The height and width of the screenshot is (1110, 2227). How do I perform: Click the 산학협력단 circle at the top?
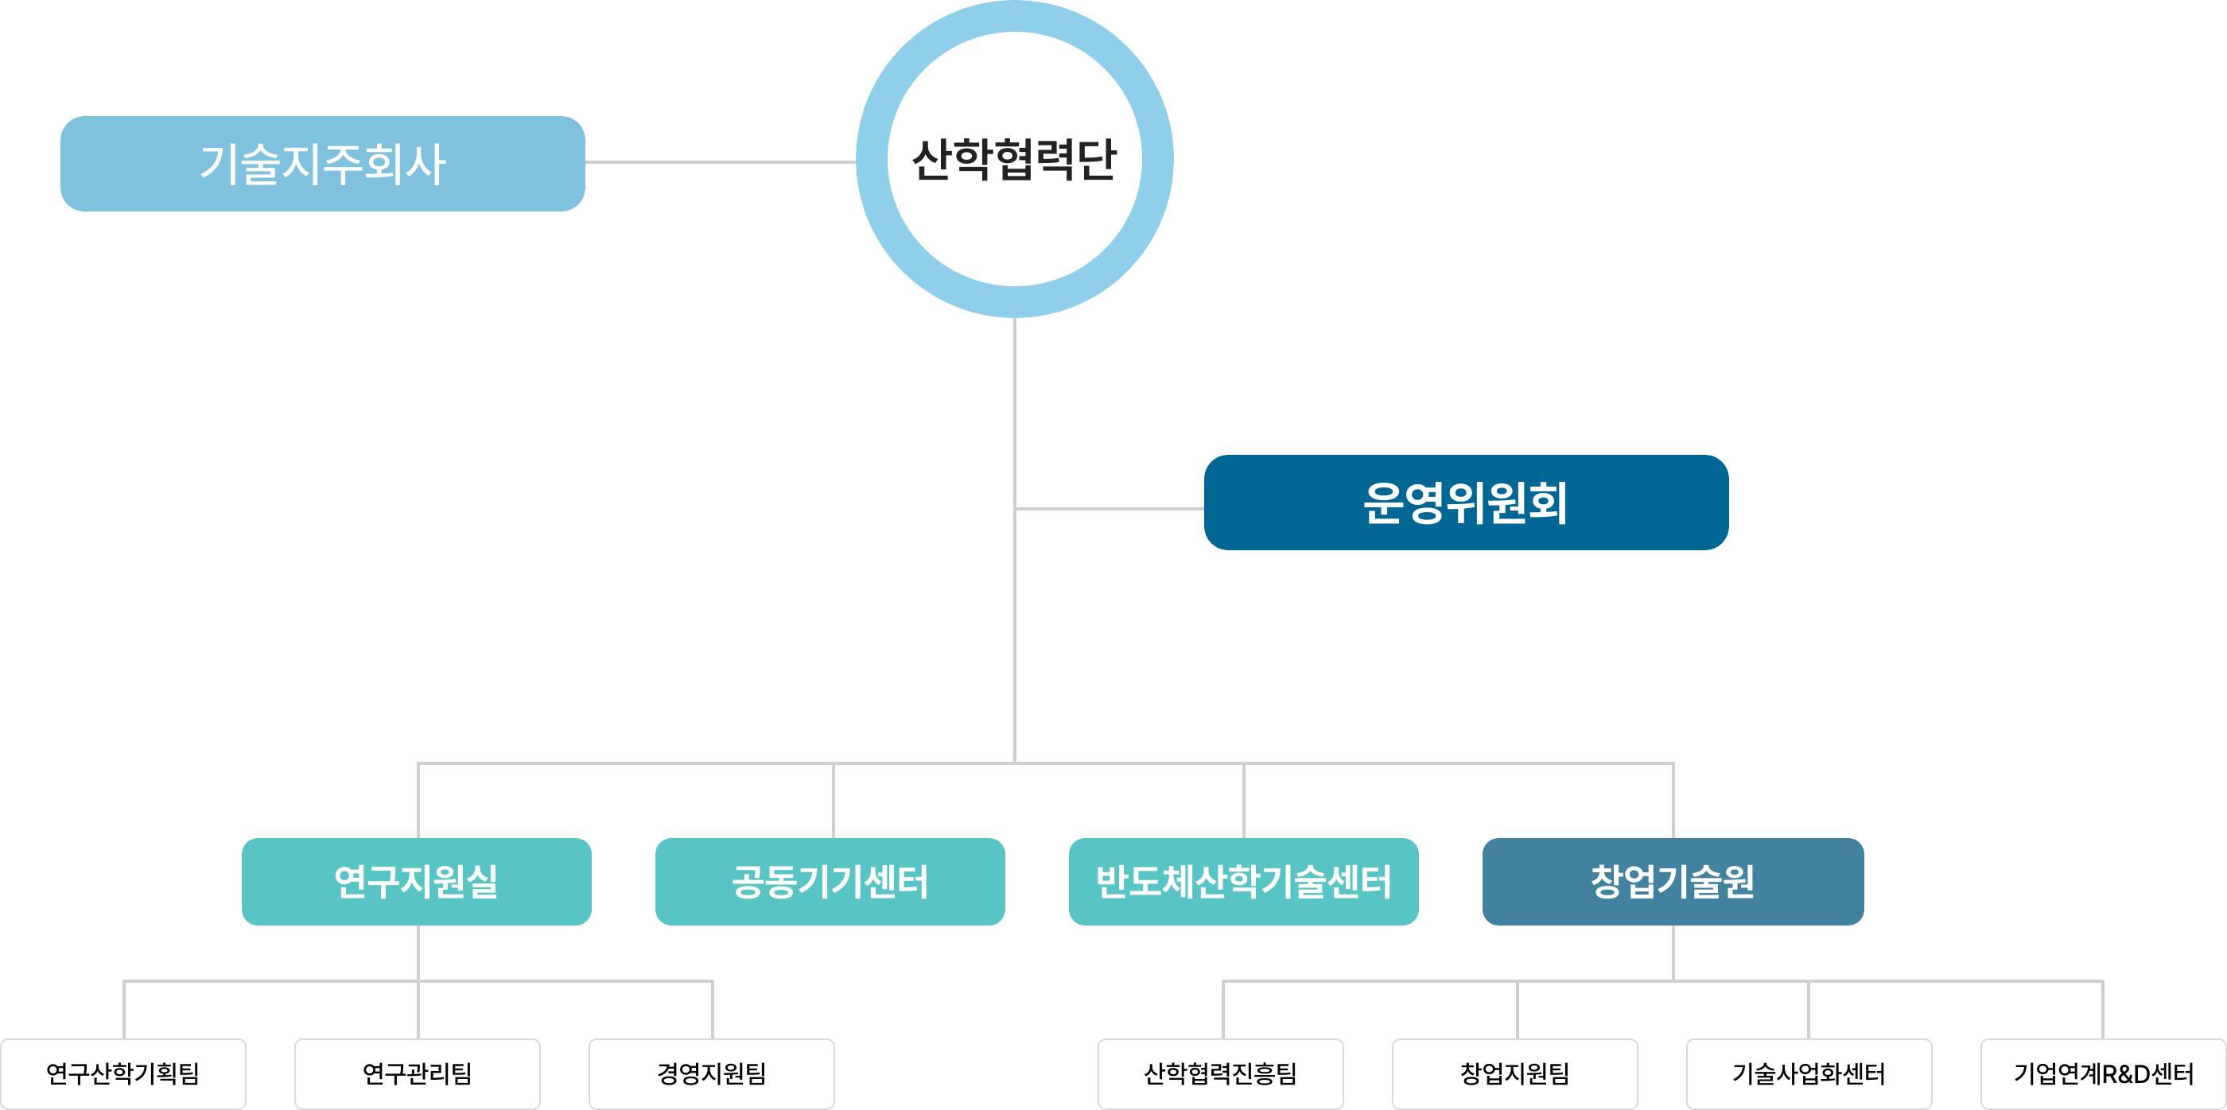tap(1014, 159)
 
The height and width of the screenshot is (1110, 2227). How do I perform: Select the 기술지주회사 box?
tap(322, 163)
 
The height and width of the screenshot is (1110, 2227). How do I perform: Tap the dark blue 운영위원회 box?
tap(1465, 503)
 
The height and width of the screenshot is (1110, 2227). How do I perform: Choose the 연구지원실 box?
tap(417, 881)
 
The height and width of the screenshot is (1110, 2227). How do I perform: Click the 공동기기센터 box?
tap(830, 881)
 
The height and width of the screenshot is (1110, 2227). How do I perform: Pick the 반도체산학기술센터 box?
tap(1243, 881)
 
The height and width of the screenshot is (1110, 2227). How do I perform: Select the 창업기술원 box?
tap(1672, 881)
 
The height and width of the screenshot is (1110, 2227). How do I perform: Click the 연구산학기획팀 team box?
tap(123, 1073)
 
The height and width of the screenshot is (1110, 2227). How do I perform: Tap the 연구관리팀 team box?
tap(418, 1073)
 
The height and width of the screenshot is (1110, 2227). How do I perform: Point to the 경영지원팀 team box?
tap(712, 1073)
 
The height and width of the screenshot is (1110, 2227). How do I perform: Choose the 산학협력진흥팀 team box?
tap(1221, 1073)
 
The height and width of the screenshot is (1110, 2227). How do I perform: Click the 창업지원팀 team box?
tap(1514, 1073)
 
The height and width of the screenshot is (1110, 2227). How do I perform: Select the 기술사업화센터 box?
tap(1809, 1073)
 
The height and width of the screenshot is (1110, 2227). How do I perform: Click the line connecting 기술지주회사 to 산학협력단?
tap(720, 161)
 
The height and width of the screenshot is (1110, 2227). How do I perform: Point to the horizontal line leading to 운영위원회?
tap(1110, 508)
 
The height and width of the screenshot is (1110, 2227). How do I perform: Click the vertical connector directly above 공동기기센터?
tap(834, 801)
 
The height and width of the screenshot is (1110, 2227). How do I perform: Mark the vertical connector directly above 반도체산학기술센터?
tap(1244, 801)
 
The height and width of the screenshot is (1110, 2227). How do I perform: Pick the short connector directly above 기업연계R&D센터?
tap(2102, 1010)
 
